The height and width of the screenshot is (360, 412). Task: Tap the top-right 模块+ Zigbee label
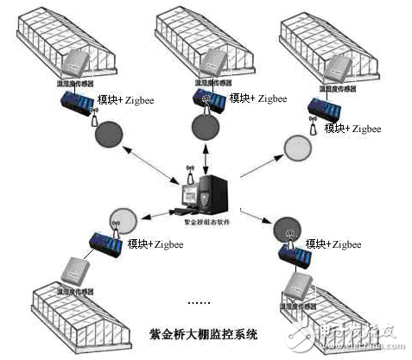click(x=352, y=128)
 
